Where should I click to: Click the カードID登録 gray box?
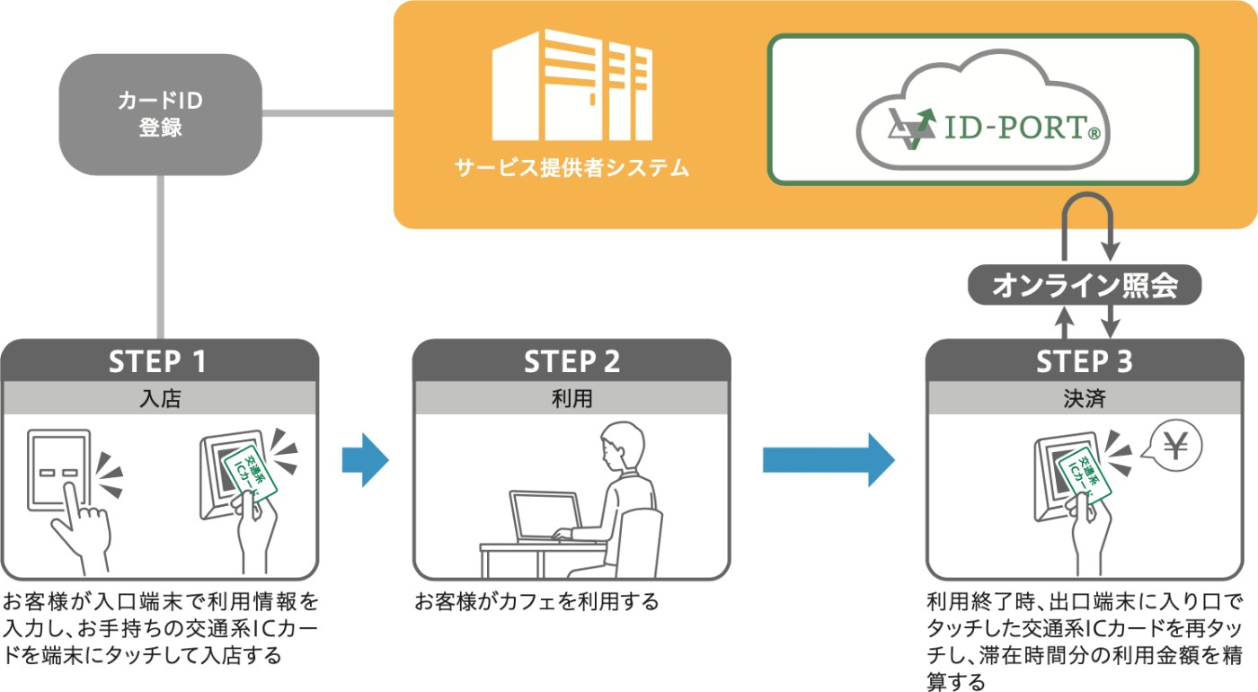point(161,115)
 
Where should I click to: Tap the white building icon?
point(571,84)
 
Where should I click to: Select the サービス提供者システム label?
point(571,168)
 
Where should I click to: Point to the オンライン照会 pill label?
point(1085,285)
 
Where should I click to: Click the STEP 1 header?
point(160,360)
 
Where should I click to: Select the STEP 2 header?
point(571,360)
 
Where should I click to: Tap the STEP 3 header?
point(1085,360)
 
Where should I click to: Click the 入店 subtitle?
point(160,398)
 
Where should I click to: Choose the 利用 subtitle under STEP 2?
point(571,398)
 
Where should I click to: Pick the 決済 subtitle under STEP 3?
point(1085,398)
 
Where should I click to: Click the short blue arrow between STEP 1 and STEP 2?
point(365,460)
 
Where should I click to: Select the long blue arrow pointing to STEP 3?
point(828,460)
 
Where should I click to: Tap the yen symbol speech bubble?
point(1174,447)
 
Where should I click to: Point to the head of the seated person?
point(622,447)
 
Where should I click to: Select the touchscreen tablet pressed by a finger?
point(59,471)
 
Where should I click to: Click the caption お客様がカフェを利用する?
point(537,601)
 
